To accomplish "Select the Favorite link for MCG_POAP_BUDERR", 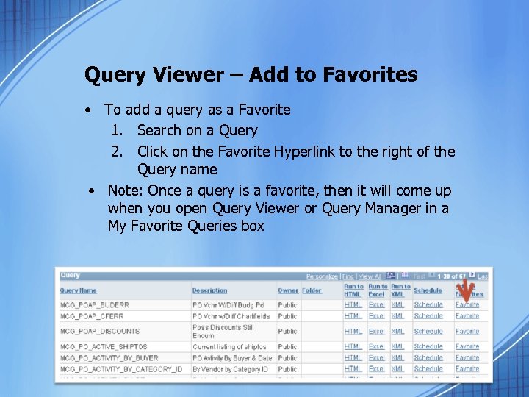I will click(x=467, y=304).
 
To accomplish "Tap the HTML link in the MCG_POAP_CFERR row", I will click(x=353, y=316).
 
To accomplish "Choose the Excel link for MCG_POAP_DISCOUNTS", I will click(x=376, y=331).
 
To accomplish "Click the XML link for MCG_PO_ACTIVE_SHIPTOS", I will click(x=397, y=346).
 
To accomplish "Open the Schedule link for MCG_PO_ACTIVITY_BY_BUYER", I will click(x=428, y=358).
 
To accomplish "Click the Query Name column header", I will click(x=79, y=290).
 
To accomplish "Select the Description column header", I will click(x=210, y=290).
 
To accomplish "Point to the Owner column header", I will click(x=288, y=290).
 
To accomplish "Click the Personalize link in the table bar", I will click(x=322, y=276).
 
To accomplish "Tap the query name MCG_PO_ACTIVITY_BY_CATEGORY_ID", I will click(x=121, y=369).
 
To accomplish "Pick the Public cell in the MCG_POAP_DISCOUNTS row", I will click(x=287, y=331).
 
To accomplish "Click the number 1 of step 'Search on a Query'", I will click(x=115, y=131).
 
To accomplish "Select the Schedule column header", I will click(x=428, y=290).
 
